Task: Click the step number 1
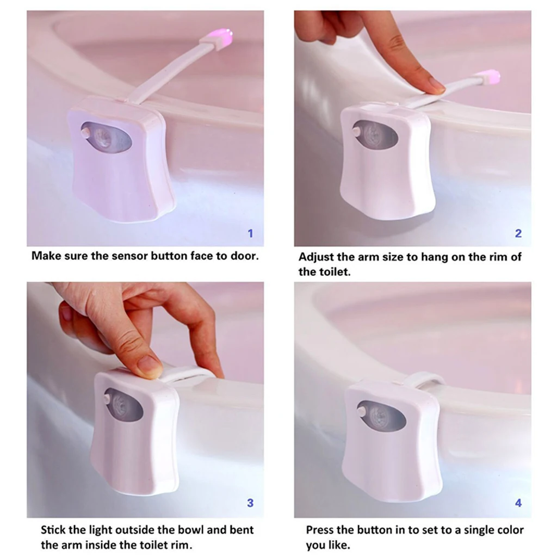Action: pyautogui.click(x=250, y=233)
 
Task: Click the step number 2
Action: pyautogui.click(x=518, y=233)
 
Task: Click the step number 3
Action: pyautogui.click(x=250, y=503)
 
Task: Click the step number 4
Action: pyautogui.click(x=518, y=503)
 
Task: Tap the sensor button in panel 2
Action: pyautogui.click(x=356, y=131)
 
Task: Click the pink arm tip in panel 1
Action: pyautogui.click(x=224, y=37)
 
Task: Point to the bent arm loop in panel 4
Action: pyautogui.click(x=428, y=379)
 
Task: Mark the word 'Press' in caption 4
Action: pyautogui.click(x=321, y=530)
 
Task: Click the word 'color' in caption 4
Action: pyautogui.click(x=509, y=530)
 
